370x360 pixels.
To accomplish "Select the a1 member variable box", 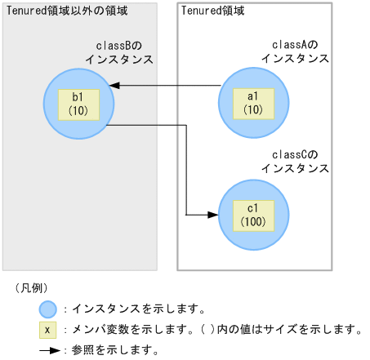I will coord(252,103).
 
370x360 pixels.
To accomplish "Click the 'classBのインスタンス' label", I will coord(119,53).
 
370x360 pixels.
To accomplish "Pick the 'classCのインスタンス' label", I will coord(295,161).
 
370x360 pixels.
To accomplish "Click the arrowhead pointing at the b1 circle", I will coord(117,85).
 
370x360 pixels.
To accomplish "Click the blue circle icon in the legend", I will coord(48,309).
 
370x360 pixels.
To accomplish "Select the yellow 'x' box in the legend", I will coord(48,330).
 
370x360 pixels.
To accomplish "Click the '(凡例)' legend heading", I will coord(32,288).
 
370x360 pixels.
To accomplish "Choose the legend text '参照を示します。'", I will coord(115,349).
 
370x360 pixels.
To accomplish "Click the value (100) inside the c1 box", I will coord(252,222).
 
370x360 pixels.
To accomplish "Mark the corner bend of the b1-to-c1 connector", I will coord(187,126).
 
